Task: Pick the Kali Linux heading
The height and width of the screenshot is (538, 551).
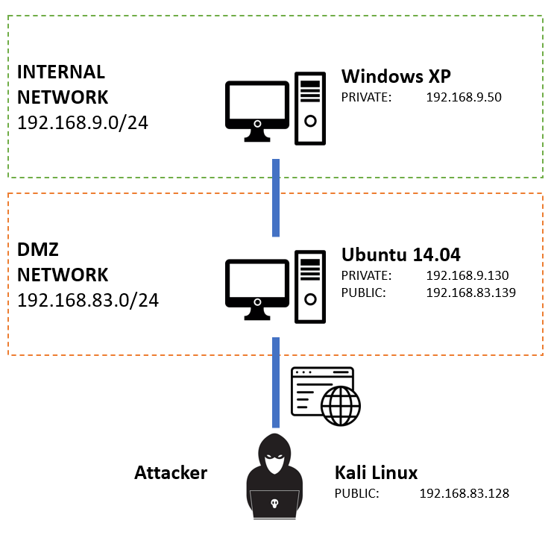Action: point(376,472)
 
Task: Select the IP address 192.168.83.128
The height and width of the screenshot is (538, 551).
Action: point(464,493)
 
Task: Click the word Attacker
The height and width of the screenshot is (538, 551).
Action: point(171,472)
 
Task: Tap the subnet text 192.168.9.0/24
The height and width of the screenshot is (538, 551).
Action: point(83,122)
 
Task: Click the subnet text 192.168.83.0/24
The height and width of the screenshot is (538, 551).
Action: point(88,300)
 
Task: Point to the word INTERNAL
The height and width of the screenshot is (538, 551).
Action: point(61,72)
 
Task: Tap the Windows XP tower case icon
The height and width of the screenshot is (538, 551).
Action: point(310,108)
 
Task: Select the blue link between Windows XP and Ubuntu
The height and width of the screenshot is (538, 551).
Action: point(276,198)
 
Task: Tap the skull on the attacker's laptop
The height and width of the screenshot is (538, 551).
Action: point(274,504)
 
